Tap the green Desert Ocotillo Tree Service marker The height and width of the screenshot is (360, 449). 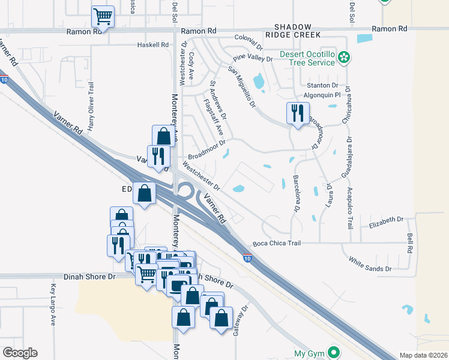click(344, 58)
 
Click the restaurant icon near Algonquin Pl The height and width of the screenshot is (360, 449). click(297, 112)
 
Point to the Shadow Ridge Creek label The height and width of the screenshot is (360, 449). click(294, 31)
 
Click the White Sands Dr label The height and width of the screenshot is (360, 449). click(370, 265)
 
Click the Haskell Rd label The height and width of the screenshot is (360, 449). click(152, 44)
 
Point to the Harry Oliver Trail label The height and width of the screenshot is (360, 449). click(91, 106)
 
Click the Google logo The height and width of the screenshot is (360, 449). click(20, 353)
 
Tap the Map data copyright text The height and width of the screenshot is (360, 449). click(424, 355)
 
